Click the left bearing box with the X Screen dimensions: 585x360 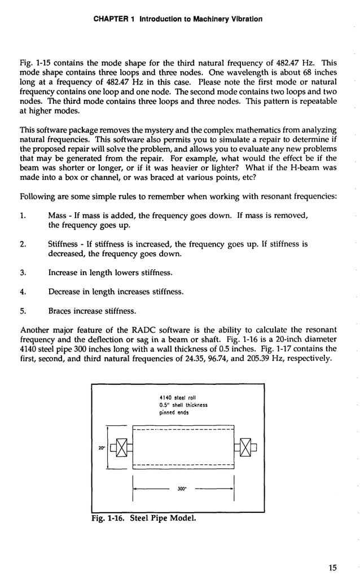click(x=120, y=448)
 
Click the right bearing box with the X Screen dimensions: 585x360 click(x=246, y=448)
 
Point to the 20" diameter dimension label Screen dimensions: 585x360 click(x=101, y=449)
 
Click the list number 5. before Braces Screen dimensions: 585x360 click(x=24, y=310)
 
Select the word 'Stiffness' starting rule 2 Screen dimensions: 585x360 click(x=63, y=244)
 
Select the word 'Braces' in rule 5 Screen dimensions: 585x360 click(x=60, y=310)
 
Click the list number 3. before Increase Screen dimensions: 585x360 click(x=24, y=272)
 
